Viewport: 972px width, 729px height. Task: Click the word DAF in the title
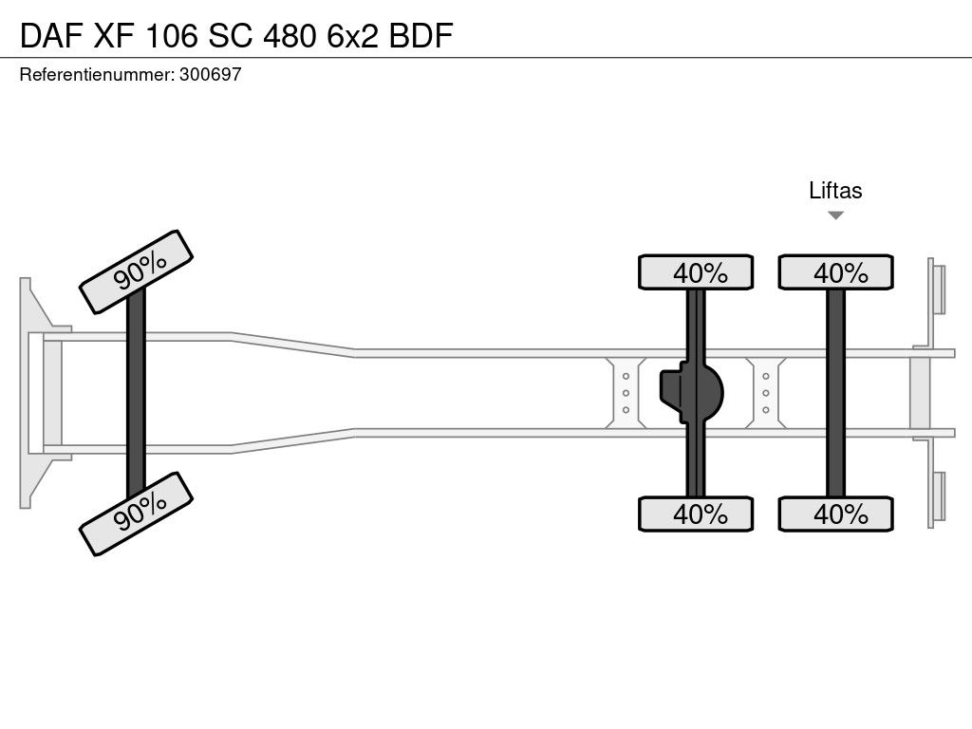pyautogui.click(x=51, y=35)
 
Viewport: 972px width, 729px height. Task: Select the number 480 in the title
pyautogui.click(x=290, y=35)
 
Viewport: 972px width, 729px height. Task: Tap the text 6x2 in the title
pyautogui.click(x=352, y=35)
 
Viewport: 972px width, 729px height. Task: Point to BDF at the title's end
pyautogui.click(x=421, y=35)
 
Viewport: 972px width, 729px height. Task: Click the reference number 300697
pyautogui.click(x=210, y=74)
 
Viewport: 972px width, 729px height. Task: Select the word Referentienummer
pyautogui.click(x=97, y=74)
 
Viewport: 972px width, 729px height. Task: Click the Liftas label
pyautogui.click(x=835, y=190)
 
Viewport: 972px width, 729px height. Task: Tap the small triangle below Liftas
pyautogui.click(x=835, y=215)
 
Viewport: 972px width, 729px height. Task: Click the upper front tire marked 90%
pyautogui.click(x=137, y=272)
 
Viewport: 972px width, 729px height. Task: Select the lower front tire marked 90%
pyautogui.click(x=137, y=514)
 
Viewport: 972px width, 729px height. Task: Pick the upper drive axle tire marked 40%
pyautogui.click(x=696, y=272)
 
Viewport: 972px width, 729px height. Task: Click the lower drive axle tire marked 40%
pyautogui.click(x=696, y=514)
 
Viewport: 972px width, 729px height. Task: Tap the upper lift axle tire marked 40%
pyautogui.click(x=835, y=272)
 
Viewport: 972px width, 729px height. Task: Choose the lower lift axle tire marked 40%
pyautogui.click(x=835, y=514)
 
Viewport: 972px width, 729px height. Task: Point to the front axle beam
pyautogui.click(x=136, y=393)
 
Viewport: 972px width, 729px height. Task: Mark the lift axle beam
pyautogui.click(x=835, y=393)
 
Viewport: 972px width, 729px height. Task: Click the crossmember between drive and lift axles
pyautogui.click(x=766, y=393)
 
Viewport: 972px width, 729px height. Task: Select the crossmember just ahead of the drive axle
pyautogui.click(x=626, y=393)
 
